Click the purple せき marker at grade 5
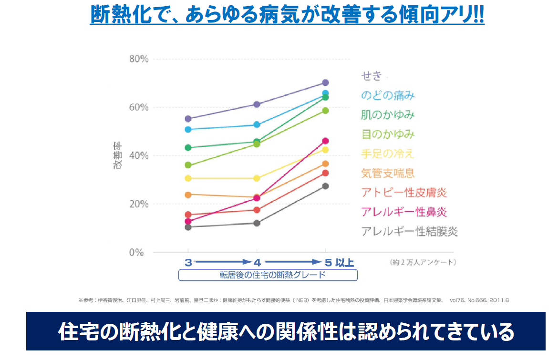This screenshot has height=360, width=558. (x=325, y=82)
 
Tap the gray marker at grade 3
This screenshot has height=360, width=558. (x=188, y=227)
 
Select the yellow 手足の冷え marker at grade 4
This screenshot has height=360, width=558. (x=257, y=178)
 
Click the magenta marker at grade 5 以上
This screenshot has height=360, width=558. (x=325, y=141)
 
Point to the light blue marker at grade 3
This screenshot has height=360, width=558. (x=188, y=129)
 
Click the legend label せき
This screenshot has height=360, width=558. (x=372, y=76)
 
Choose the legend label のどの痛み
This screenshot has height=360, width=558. (x=387, y=95)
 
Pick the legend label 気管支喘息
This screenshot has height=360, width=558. (x=388, y=173)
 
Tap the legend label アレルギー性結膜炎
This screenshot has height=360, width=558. (x=409, y=232)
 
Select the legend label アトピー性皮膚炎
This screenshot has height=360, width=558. (x=404, y=193)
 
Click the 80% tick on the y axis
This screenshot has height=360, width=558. (x=139, y=59)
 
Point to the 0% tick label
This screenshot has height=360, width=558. (x=136, y=252)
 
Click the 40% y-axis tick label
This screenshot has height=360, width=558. (x=139, y=156)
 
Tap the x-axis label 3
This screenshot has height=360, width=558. (x=188, y=262)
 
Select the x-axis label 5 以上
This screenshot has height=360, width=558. (x=339, y=262)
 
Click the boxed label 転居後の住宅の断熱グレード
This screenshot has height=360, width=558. (x=268, y=275)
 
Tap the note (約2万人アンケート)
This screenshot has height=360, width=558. (x=423, y=262)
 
